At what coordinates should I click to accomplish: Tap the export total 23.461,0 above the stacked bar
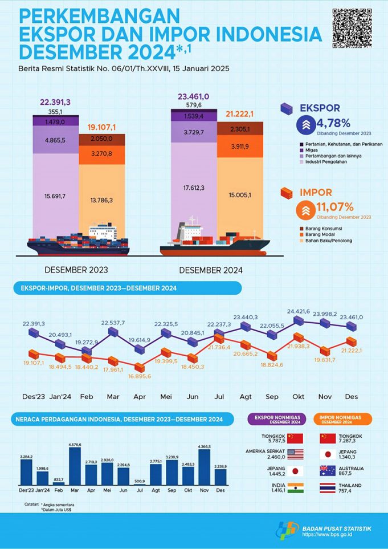(193, 97)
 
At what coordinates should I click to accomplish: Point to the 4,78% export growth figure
(338, 123)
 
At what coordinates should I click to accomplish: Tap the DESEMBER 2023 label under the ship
(76, 270)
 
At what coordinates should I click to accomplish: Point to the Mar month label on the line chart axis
(112, 396)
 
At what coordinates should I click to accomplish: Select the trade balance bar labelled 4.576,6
(75, 465)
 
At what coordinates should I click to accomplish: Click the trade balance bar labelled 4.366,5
(204, 466)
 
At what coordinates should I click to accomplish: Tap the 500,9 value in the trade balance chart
(139, 481)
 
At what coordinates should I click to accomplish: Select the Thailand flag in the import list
(329, 487)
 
